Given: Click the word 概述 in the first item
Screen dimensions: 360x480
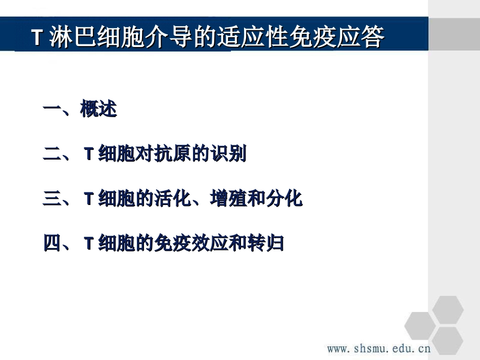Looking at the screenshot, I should [99, 110].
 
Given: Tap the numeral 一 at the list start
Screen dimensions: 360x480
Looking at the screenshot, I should [52, 110].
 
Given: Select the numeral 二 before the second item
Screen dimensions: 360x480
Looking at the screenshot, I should [52, 155].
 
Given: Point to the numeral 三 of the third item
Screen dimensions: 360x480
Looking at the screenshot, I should [52, 199].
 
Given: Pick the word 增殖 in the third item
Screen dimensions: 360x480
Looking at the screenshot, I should [228, 199].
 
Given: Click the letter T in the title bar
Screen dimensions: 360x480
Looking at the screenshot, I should [36, 38].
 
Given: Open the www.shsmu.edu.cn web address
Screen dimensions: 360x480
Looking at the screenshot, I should [378, 348].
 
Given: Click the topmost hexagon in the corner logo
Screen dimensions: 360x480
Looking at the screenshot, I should [448, 309].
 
